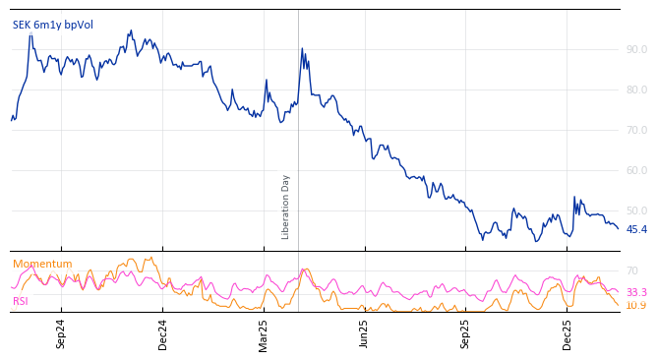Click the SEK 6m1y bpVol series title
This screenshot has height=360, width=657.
[x=53, y=25]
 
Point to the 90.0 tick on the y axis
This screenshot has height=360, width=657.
[x=636, y=49]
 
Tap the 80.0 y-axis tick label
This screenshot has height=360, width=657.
[x=636, y=90]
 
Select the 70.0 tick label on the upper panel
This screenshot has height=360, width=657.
[x=636, y=130]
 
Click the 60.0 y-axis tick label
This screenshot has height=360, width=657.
[x=636, y=170]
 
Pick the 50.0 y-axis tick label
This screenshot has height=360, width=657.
[x=636, y=210]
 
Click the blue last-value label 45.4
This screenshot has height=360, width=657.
[x=636, y=229]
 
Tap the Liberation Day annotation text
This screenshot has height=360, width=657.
[x=286, y=207]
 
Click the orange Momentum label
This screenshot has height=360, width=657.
[x=42, y=264]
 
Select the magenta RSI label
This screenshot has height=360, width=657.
[x=20, y=301]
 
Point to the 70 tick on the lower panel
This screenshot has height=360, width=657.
[x=631, y=270]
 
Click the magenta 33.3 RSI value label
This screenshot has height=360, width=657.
[x=636, y=292]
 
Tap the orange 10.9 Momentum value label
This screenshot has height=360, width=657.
[x=636, y=305]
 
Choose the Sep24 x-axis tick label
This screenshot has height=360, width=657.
[x=61, y=334]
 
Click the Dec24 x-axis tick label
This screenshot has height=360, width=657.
[x=163, y=334]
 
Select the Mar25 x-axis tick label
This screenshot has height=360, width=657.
[x=264, y=334]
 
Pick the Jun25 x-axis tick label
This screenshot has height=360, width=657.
[x=365, y=334]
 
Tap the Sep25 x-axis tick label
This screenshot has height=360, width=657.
[x=466, y=334]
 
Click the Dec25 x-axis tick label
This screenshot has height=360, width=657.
[x=567, y=334]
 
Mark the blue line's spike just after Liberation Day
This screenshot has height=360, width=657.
[x=302, y=48]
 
